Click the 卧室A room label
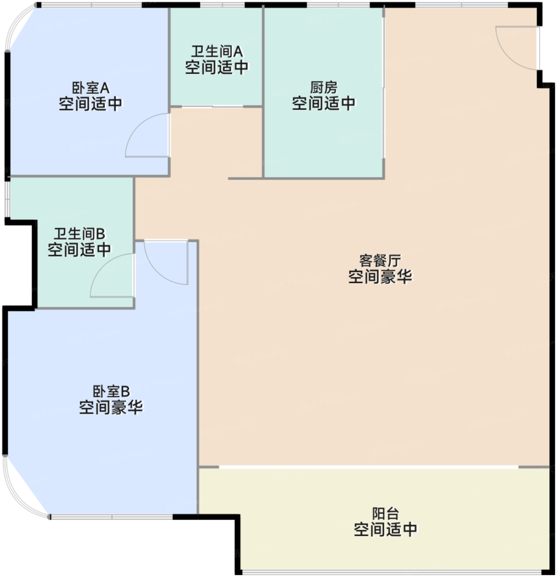click(91, 88)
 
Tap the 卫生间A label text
click(217, 52)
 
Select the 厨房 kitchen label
click(324, 87)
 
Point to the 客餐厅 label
click(380, 260)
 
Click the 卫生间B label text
click(80, 234)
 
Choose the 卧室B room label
click(111, 391)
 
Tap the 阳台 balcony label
click(385, 514)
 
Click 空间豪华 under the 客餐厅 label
click(380, 277)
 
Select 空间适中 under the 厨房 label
click(324, 103)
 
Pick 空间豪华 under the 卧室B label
click(111, 407)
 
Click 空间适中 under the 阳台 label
click(385, 529)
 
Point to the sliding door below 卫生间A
click(213, 107)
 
